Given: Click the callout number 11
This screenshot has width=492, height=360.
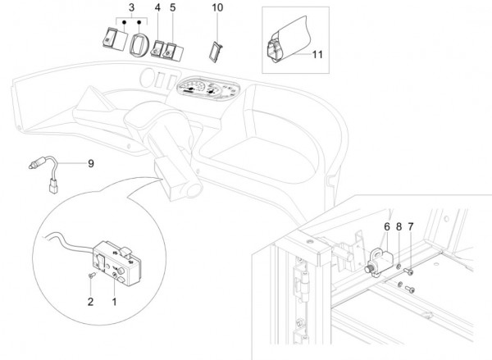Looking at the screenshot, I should pos(318,54).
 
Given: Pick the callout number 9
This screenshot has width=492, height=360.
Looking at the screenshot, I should pos(90,163).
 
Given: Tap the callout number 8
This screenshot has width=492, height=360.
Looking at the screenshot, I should pos(399,226).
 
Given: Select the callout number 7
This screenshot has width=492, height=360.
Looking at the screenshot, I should pos(411,226).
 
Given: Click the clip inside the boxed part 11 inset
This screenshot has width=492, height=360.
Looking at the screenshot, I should pos(277,50).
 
